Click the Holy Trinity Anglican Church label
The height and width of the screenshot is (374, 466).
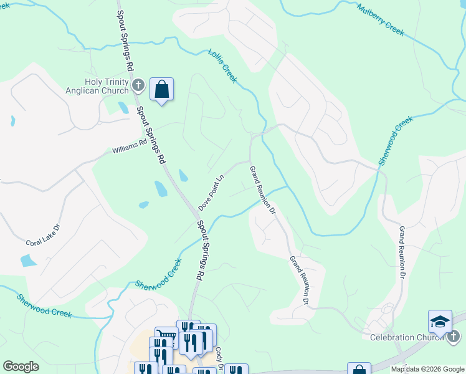pos(107,86)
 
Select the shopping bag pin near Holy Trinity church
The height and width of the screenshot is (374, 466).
pos(161,89)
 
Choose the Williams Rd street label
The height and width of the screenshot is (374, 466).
pos(129,146)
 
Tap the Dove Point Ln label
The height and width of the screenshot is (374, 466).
pos(211,193)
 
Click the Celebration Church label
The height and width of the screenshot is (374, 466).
pos(401,338)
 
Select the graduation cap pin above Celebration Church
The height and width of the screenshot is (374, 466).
pos(440,322)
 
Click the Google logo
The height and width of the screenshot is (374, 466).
pos(21,366)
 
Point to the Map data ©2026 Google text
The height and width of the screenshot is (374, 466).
pos(427,369)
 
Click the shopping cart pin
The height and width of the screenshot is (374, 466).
pos(166,337)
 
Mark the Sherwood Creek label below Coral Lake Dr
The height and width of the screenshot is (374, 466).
pos(44,304)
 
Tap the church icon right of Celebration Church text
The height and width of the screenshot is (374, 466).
pos(454,337)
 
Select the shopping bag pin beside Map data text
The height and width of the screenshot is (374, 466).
pos(359,370)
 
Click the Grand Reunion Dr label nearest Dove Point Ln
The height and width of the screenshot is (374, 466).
pos(262,189)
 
